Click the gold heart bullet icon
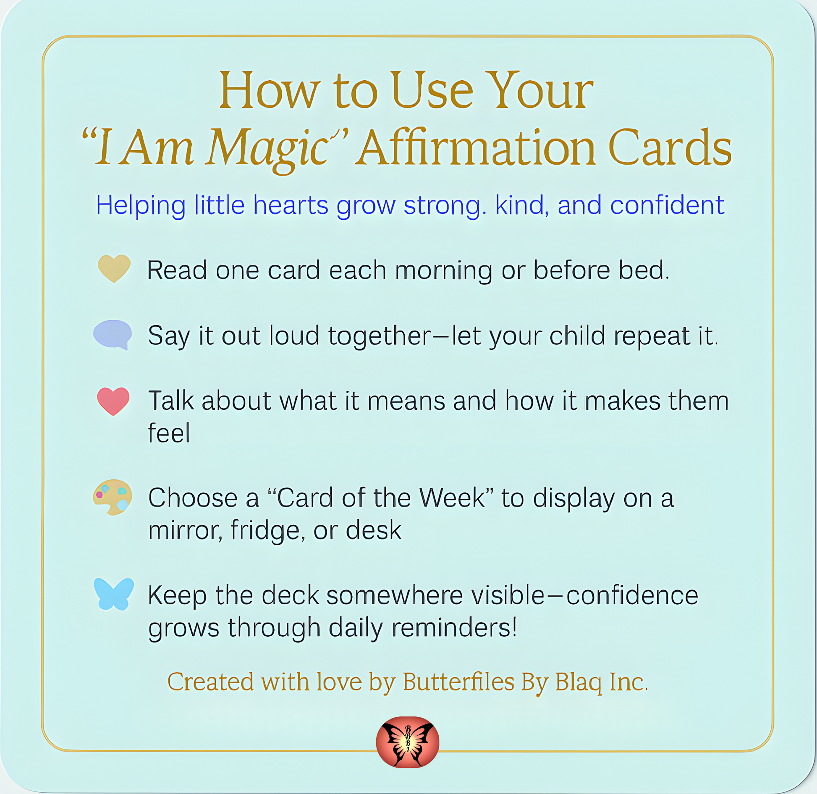point(114,268)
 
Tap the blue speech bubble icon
point(113,334)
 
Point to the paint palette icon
point(113,497)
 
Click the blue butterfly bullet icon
point(114,594)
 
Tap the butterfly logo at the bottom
point(408,742)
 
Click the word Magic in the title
point(268,149)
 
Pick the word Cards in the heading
point(670,147)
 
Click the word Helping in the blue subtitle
point(141,206)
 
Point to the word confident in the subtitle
point(667,205)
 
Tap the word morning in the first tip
point(444,271)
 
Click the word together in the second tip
point(380,336)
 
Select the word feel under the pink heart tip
point(169,433)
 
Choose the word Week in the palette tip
point(452,498)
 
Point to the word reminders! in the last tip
point(454,628)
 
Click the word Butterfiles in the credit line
point(458,681)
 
